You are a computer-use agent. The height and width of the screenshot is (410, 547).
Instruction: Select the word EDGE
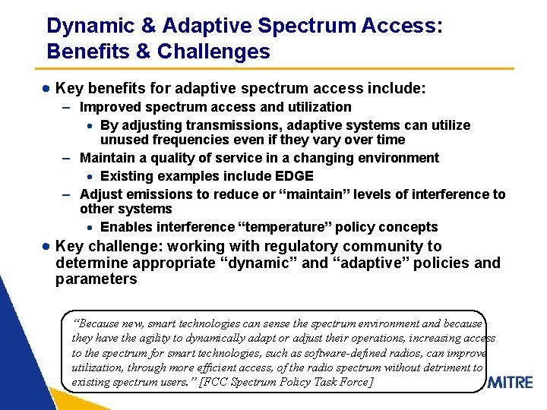[295, 176]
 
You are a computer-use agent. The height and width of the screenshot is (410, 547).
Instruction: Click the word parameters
[96, 279]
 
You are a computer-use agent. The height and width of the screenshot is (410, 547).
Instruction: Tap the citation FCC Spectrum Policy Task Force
[287, 382]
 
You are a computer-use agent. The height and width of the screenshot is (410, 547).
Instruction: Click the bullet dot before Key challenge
[46, 247]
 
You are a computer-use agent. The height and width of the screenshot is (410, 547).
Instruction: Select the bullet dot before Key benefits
[46, 89]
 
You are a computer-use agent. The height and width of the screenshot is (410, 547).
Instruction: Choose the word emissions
[147, 194]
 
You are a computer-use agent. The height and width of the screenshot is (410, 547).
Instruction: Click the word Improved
[107, 107]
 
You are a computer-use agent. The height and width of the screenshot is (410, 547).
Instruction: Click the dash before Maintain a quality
[67, 158]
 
